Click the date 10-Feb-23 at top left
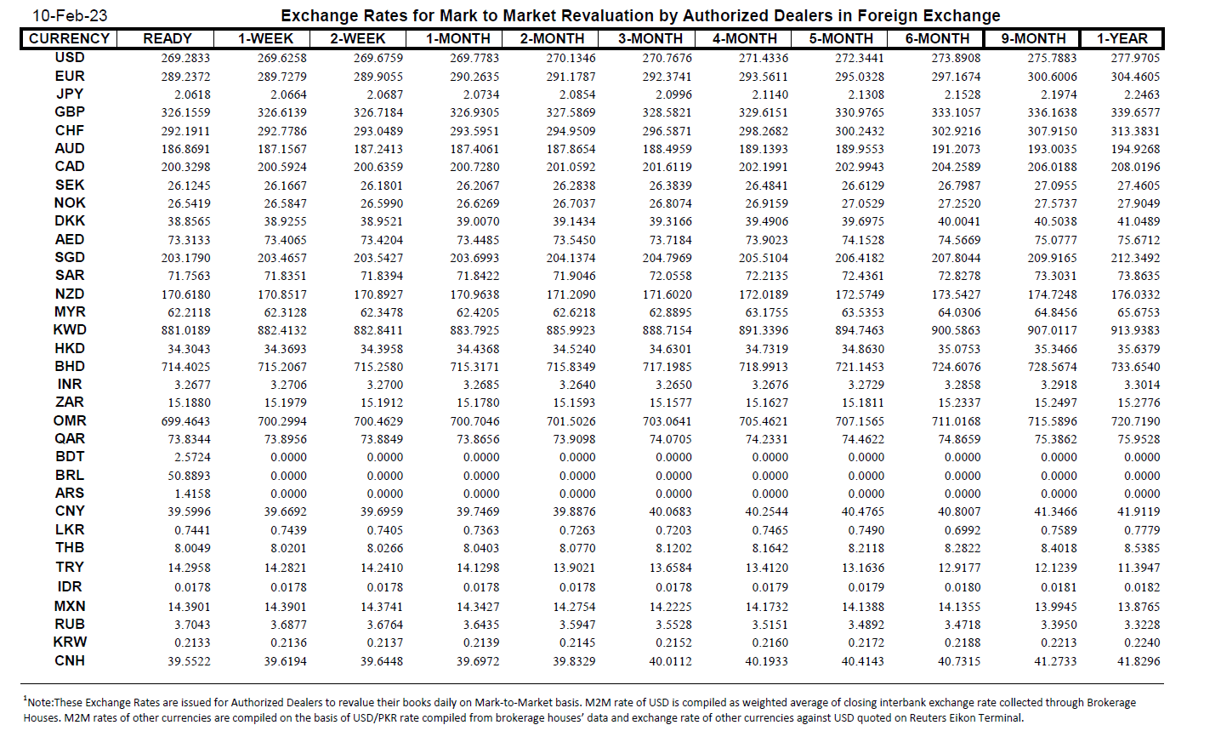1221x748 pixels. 70,16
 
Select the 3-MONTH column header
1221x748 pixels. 650,39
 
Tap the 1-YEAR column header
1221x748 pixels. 1122,39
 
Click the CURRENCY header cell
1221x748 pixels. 69,39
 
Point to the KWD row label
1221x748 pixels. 70,330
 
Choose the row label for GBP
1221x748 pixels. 70,112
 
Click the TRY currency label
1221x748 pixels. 70,568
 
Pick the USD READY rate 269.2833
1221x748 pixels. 185,59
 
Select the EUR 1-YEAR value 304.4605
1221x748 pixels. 1135,77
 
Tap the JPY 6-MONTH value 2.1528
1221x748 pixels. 963,95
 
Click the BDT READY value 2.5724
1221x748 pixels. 192,457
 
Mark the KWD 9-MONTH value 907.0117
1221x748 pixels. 1052,331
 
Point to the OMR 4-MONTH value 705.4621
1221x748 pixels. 764,421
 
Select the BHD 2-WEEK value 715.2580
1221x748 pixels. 378,367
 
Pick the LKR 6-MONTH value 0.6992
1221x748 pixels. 963,530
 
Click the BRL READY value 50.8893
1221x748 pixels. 189,476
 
